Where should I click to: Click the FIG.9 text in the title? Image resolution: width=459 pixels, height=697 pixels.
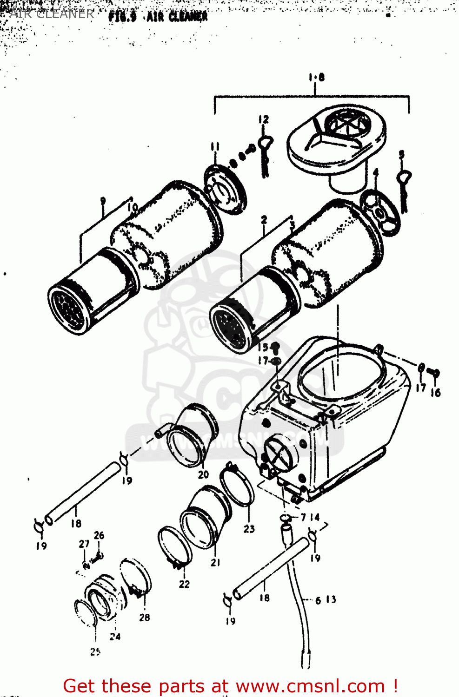[x=122, y=17]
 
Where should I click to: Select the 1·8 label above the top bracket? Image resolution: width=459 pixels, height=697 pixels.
[x=316, y=78]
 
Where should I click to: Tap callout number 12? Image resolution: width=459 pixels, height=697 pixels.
[x=264, y=119]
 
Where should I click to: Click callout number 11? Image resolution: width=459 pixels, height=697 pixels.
[x=214, y=147]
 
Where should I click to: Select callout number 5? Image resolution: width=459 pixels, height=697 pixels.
[x=401, y=155]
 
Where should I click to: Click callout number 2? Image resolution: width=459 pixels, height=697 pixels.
[x=264, y=220]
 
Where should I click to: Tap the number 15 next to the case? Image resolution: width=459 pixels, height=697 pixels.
[x=263, y=347]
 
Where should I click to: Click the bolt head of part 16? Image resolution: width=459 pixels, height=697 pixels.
[x=436, y=372]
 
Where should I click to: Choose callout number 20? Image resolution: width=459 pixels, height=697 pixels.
[x=203, y=475]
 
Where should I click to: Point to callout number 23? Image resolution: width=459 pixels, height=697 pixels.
[x=249, y=529]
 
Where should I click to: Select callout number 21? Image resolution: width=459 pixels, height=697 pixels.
[x=215, y=563]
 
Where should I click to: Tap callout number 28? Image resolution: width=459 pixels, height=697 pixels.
[x=145, y=618]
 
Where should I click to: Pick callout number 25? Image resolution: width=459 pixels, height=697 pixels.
[x=95, y=652]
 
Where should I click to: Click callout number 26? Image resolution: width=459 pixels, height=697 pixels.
[x=99, y=535]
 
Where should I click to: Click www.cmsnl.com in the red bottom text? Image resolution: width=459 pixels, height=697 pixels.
[x=310, y=686]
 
